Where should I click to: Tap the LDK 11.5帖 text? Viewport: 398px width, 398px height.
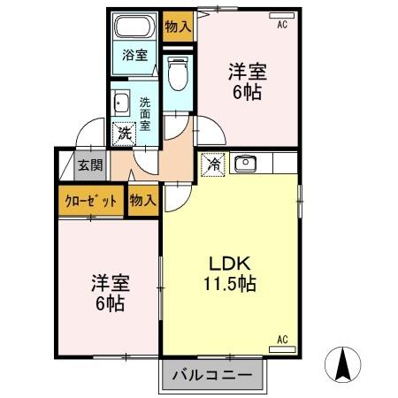(232, 274)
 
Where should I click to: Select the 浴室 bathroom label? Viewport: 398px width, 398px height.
(134, 53)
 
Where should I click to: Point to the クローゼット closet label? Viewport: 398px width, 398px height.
(91, 200)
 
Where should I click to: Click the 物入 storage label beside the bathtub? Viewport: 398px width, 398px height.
(177, 27)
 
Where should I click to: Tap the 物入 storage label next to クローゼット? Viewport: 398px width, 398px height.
(142, 200)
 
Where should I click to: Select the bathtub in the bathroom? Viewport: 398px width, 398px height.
(135, 26)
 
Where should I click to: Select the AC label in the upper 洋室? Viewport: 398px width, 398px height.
(282, 25)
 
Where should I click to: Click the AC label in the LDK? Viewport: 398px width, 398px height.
(283, 339)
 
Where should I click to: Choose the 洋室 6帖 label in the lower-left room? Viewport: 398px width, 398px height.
(109, 294)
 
